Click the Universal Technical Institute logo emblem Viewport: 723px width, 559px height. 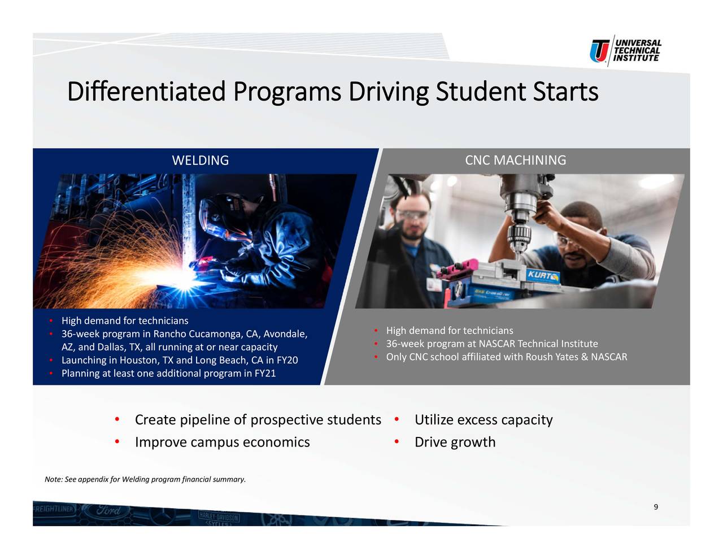pos(599,51)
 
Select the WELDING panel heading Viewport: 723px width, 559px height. pos(201,160)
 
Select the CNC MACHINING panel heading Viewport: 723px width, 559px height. pos(515,160)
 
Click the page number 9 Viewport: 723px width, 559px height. pos(656,507)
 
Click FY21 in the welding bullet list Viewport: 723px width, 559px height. pos(265,373)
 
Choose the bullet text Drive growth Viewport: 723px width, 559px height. pos(455,442)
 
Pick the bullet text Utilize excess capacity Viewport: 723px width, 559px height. pos(484,420)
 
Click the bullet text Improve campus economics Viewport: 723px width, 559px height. pos(222,442)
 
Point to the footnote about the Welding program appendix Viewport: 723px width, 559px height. pos(145,479)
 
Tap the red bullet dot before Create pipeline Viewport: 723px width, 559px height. pos(117,419)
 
